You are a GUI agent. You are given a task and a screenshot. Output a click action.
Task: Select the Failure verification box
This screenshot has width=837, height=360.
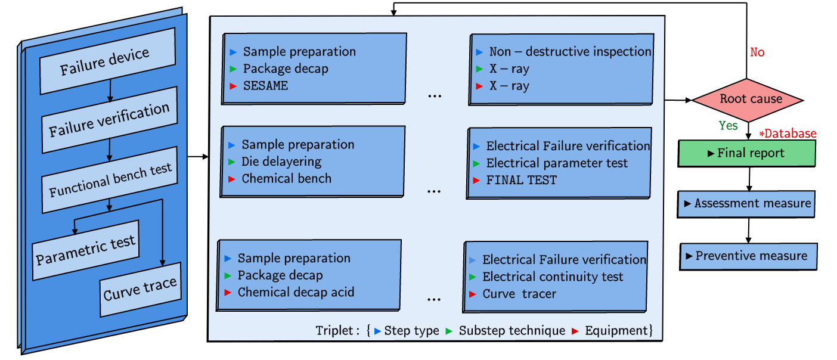pyautogui.click(x=110, y=120)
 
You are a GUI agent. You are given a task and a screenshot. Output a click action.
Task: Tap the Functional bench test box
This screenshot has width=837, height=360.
pyautogui.click(x=110, y=181)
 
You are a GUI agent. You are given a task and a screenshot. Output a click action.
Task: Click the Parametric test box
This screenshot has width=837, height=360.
pyautogui.click(x=86, y=250)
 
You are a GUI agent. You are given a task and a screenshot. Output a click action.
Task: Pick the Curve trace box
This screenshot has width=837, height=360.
pyautogui.click(x=140, y=289)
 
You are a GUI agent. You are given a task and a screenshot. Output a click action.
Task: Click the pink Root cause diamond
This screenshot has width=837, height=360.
pyautogui.click(x=747, y=100)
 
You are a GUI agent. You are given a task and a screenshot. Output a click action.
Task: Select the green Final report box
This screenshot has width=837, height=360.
pyautogui.click(x=746, y=153)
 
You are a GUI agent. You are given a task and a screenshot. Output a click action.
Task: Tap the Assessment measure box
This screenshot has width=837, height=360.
pyautogui.click(x=746, y=204)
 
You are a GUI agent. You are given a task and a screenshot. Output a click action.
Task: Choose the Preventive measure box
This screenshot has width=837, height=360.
pyautogui.click(x=748, y=256)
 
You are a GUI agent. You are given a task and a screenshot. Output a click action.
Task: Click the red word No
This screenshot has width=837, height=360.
pyautogui.click(x=757, y=52)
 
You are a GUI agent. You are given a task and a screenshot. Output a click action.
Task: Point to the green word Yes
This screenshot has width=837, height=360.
pyautogui.click(x=728, y=126)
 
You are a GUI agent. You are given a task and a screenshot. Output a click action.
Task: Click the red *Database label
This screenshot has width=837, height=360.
pyautogui.click(x=787, y=134)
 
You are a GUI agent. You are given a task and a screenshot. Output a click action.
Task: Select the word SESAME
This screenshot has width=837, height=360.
pyautogui.click(x=265, y=86)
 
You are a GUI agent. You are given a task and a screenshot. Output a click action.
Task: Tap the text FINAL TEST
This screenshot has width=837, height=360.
pyautogui.click(x=521, y=180)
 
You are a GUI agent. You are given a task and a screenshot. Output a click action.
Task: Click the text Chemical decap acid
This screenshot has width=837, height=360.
pyautogui.click(x=296, y=292)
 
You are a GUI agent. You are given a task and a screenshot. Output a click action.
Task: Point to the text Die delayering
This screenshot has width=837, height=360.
pyautogui.click(x=281, y=162)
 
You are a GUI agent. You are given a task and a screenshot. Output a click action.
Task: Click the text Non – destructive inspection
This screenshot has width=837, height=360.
pyautogui.click(x=570, y=52)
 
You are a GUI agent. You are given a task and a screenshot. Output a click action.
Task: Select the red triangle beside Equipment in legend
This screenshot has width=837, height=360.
pyautogui.click(x=575, y=331)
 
